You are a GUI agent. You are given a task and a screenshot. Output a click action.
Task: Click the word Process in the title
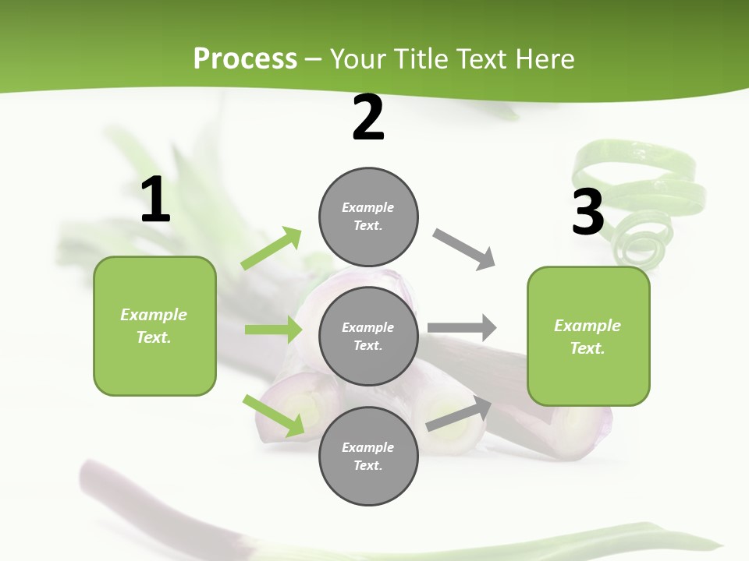point(245,59)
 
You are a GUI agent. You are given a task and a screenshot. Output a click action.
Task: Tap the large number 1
point(155,201)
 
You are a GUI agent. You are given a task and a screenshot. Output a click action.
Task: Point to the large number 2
point(368,118)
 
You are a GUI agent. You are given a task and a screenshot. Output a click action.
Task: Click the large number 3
point(587,213)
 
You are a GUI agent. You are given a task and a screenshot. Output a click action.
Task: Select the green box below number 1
point(154,326)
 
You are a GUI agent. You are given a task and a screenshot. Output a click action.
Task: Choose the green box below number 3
point(588,337)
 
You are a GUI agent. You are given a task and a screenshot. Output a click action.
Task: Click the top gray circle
point(368,217)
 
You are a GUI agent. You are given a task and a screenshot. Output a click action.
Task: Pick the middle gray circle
point(368,337)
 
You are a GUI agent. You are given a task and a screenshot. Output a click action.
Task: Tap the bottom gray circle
point(368,457)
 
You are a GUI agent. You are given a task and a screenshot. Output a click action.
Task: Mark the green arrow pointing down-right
point(274,415)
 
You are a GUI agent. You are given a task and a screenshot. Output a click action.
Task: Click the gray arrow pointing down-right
point(464,249)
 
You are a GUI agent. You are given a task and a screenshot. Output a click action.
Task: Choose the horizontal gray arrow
point(462,328)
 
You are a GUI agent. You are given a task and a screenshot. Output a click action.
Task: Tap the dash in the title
point(314,59)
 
